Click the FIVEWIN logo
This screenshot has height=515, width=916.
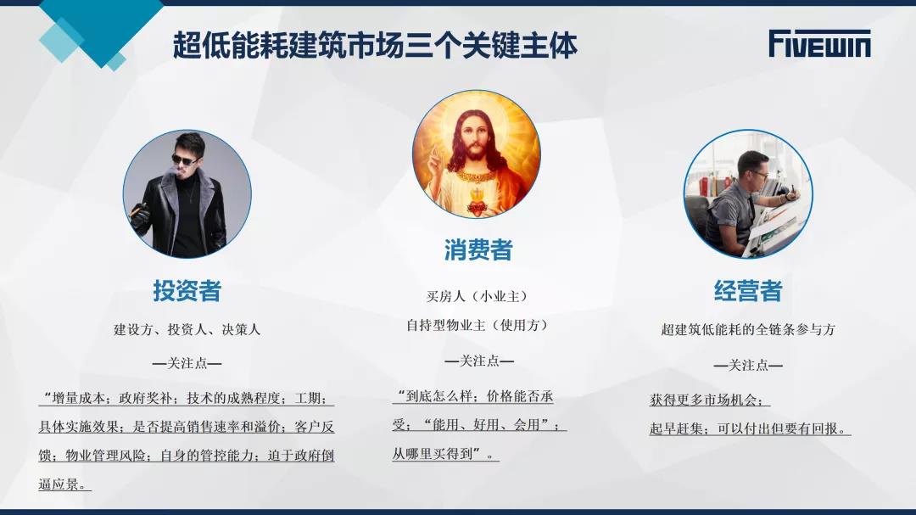(x=819, y=44)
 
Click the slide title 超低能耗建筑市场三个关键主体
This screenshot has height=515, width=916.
(x=375, y=46)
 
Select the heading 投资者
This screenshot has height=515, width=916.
(x=187, y=290)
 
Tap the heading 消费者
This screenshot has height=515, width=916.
(x=478, y=250)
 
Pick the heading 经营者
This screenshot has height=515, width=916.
(x=748, y=290)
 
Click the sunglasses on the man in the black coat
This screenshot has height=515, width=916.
(x=184, y=160)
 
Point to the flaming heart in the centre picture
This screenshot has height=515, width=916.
(x=477, y=206)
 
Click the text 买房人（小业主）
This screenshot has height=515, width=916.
(x=478, y=296)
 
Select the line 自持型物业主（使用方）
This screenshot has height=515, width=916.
(x=478, y=325)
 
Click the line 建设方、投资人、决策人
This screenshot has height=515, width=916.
(x=187, y=330)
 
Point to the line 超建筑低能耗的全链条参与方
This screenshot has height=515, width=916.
(x=748, y=330)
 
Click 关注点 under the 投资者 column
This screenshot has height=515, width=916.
(x=187, y=364)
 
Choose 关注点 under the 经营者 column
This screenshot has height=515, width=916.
(x=748, y=366)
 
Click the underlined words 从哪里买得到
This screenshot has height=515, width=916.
(x=432, y=453)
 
